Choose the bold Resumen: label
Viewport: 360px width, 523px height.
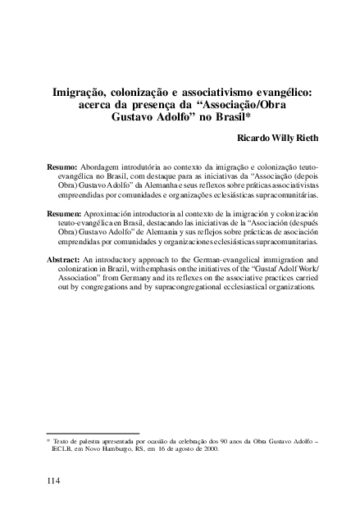(x=66, y=213)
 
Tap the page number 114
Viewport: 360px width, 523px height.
(x=54, y=480)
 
